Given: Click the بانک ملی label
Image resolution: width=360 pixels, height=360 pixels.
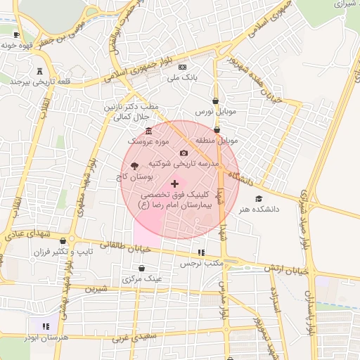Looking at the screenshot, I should tap(184, 79).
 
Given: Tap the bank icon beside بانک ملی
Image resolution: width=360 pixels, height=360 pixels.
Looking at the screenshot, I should tap(183, 67).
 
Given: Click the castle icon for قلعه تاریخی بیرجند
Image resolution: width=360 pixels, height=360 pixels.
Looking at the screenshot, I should tap(39, 70).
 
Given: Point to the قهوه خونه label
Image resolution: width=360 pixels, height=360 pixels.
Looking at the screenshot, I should tap(18, 45).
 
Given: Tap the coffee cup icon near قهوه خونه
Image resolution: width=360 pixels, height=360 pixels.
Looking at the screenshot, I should tap(17, 34).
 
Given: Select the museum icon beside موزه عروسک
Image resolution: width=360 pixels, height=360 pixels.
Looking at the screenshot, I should tap(148, 131).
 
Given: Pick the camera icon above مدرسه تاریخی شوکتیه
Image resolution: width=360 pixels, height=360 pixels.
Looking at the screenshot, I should tap(184, 153).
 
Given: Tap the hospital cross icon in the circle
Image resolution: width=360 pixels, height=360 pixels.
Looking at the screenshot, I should tap(175, 183).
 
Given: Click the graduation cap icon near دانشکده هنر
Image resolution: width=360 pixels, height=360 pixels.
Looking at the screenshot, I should tap(258, 198).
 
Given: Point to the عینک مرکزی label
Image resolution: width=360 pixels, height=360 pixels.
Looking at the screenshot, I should tap(142, 279).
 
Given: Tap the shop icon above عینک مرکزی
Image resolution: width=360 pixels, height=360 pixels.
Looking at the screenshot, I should tap(142, 268).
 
